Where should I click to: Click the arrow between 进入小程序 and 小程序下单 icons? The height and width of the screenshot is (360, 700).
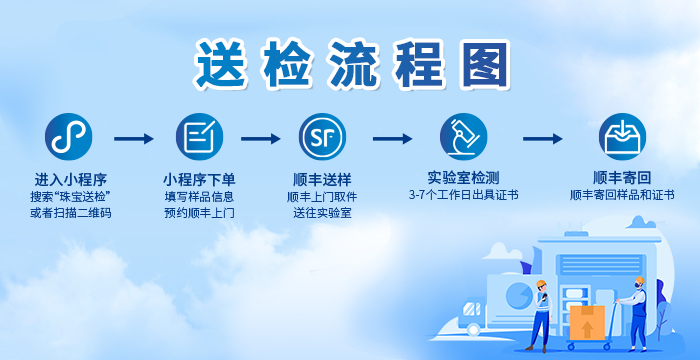click(134, 140)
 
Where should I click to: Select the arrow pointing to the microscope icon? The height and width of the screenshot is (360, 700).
click(393, 140)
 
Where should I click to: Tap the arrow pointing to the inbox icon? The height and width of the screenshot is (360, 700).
click(543, 140)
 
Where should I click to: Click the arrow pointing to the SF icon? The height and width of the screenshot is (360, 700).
click(260, 140)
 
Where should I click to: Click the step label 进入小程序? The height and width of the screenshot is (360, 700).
click(70, 179)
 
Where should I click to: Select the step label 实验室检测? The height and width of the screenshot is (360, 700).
click(463, 177)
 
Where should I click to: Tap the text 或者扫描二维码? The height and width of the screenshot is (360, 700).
click(70, 213)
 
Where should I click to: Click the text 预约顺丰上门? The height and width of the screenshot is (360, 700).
click(199, 213)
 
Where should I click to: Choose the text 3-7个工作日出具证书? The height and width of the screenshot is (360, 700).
click(463, 195)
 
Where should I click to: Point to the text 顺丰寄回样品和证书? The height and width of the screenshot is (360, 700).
click(621, 196)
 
